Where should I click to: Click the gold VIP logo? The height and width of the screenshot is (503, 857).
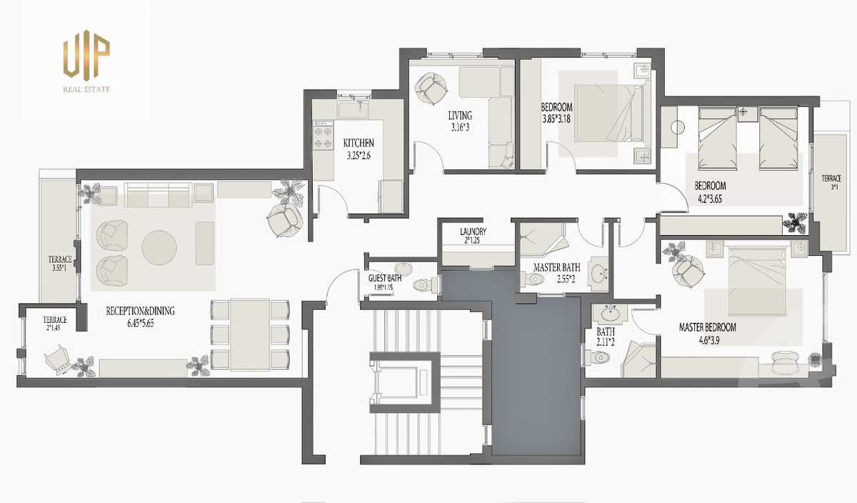[x=86, y=55]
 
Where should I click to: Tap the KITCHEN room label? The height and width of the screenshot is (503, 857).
[x=359, y=143]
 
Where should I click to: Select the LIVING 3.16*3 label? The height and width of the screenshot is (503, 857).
[x=460, y=121]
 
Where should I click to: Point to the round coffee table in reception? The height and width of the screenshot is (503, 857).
[x=159, y=247]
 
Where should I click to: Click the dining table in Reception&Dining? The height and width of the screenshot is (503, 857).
[x=250, y=335]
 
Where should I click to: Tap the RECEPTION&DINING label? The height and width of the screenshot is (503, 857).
[x=140, y=311]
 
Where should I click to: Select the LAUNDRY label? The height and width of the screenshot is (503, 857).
[x=473, y=231]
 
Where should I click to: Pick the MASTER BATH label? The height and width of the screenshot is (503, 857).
[x=556, y=267]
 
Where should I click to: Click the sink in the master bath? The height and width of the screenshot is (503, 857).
[x=598, y=274]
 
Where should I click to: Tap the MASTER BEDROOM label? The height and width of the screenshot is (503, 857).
[x=708, y=327]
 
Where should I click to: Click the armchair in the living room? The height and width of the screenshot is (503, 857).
[x=431, y=89]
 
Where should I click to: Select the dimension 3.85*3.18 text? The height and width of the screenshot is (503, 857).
[x=556, y=119]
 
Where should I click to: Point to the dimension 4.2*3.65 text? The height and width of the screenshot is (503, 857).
[x=710, y=199]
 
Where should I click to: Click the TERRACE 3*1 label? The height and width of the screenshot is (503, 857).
[x=831, y=182]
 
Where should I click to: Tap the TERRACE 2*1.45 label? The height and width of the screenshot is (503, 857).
[x=54, y=323]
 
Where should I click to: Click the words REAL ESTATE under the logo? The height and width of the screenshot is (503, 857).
[x=86, y=89]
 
